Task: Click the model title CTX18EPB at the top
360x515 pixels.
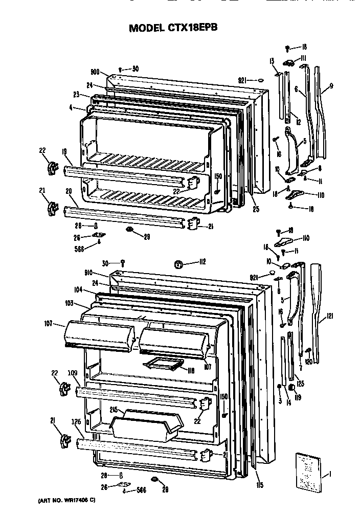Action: tap(173, 28)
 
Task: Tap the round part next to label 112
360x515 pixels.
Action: tap(179, 263)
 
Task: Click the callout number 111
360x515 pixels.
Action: tap(303, 57)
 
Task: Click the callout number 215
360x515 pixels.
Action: tap(114, 410)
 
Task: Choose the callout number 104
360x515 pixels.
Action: tap(78, 289)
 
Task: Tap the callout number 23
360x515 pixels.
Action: tap(77, 94)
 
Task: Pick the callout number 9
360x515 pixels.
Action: tap(331, 86)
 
